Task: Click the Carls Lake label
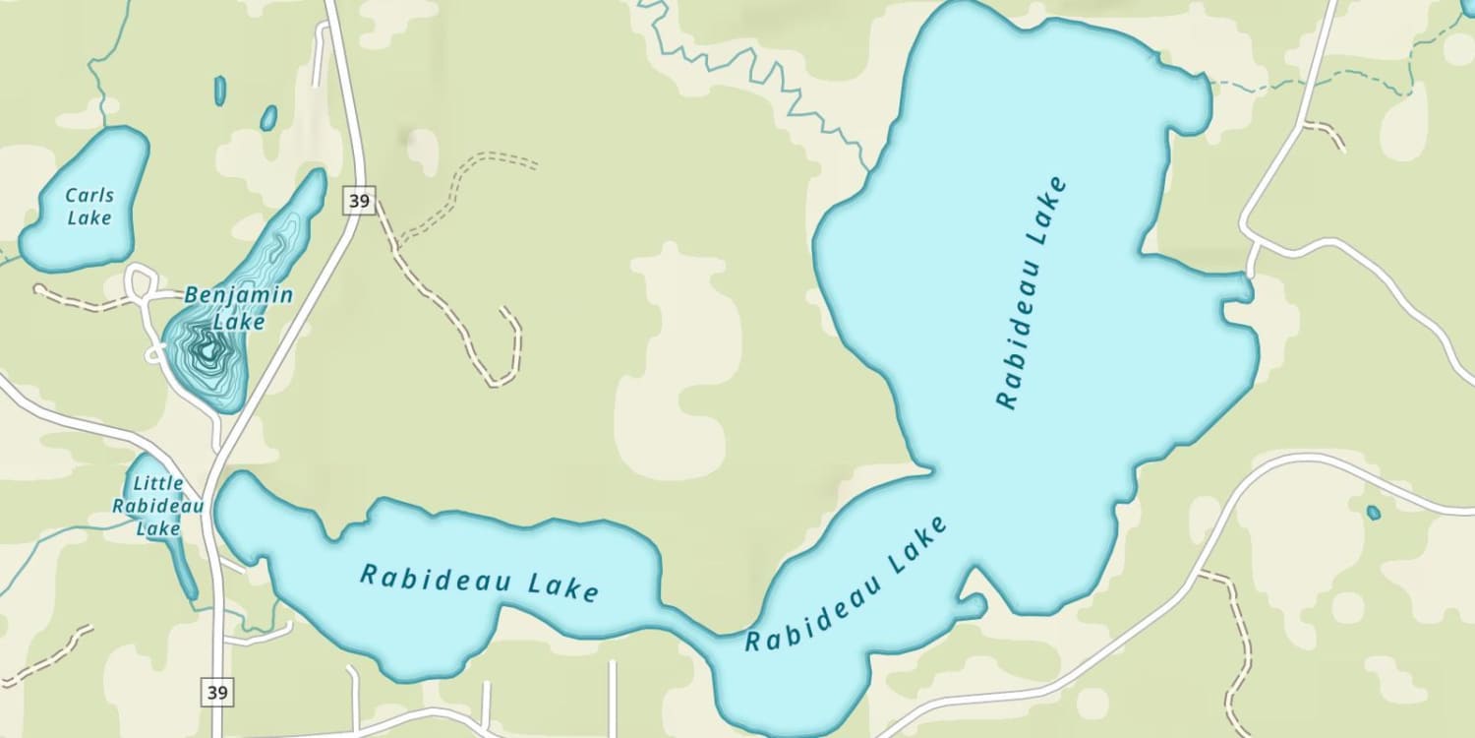89,207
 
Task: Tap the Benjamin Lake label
238,308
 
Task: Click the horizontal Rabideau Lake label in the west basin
479,582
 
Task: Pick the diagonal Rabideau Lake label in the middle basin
847,584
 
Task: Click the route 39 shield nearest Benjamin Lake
360,201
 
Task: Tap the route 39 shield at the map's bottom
218,692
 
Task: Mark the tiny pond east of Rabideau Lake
1373,513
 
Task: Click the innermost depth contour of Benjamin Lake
207,350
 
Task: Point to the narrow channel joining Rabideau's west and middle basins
688,622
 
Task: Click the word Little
158,483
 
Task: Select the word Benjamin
238,295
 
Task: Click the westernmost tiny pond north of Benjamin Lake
219,91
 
